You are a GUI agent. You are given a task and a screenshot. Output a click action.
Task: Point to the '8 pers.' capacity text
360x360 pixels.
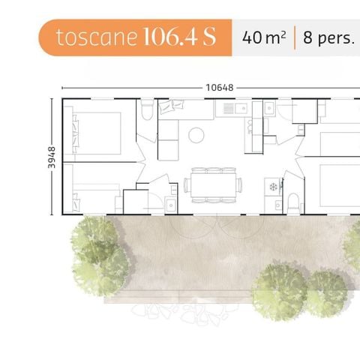(x=328, y=37)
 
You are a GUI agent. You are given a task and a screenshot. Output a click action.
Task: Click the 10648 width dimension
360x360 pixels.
(x=219, y=87)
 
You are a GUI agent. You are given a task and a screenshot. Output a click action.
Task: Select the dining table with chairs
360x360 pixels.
(x=214, y=184)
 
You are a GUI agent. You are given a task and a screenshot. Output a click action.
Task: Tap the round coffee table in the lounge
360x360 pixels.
(x=196, y=135)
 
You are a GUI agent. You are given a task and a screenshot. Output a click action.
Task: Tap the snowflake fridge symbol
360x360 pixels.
(x=273, y=185)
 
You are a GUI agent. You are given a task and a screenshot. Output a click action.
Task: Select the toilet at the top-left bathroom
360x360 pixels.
(x=147, y=110)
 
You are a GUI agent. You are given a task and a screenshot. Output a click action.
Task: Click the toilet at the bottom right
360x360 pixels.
(x=293, y=201)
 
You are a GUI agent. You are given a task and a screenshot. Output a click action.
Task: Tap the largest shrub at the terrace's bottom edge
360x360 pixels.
(x=279, y=291)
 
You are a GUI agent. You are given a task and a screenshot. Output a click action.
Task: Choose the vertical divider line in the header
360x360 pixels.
(x=295, y=37)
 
